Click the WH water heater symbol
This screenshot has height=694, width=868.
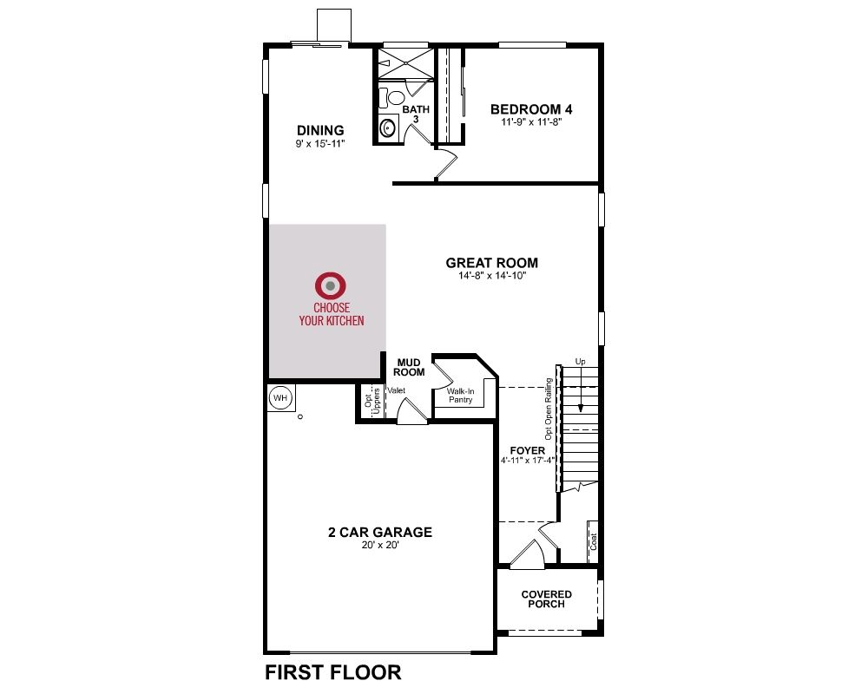pyautogui.click(x=280, y=397)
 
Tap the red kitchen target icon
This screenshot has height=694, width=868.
pyautogui.click(x=331, y=285)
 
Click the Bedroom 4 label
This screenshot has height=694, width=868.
pyautogui.click(x=531, y=109)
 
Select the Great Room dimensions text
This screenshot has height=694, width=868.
pyautogui.click(x=491, y=276)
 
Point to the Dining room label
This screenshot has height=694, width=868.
pyautogui.click(x=320, y=131)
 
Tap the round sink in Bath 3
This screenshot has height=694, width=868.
pyautogui.click(x=388, y=128)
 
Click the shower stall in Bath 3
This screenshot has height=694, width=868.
pyautogui.click(x=406, y=63)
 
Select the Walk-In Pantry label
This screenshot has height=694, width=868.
pyautogui.click(x=461, y=396)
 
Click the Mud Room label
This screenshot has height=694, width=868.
pyautogui.click(x=409, y=368)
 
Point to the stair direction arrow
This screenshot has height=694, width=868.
pyautogui.click(x=581, y=390)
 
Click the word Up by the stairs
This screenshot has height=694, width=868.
pyautogui.click(x=580, y=362)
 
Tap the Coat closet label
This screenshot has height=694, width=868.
pyautogui.click(x=594, y=541)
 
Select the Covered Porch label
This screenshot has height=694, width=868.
pyautogui.click(x=546, y=599)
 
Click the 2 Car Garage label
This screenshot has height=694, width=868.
pyautogui.click(x=380, y=532)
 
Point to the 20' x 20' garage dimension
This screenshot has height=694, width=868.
pyautogui.click(x=380, y=545)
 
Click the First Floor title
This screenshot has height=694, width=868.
pyautogui.click(x=333, y=671)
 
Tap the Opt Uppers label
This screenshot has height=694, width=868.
pyautogui.click(x=372, y=402)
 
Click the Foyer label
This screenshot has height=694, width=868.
pyautogui.click(x=528, y=450)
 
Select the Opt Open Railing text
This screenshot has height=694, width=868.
pyautogui.click(x=549, y=409)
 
